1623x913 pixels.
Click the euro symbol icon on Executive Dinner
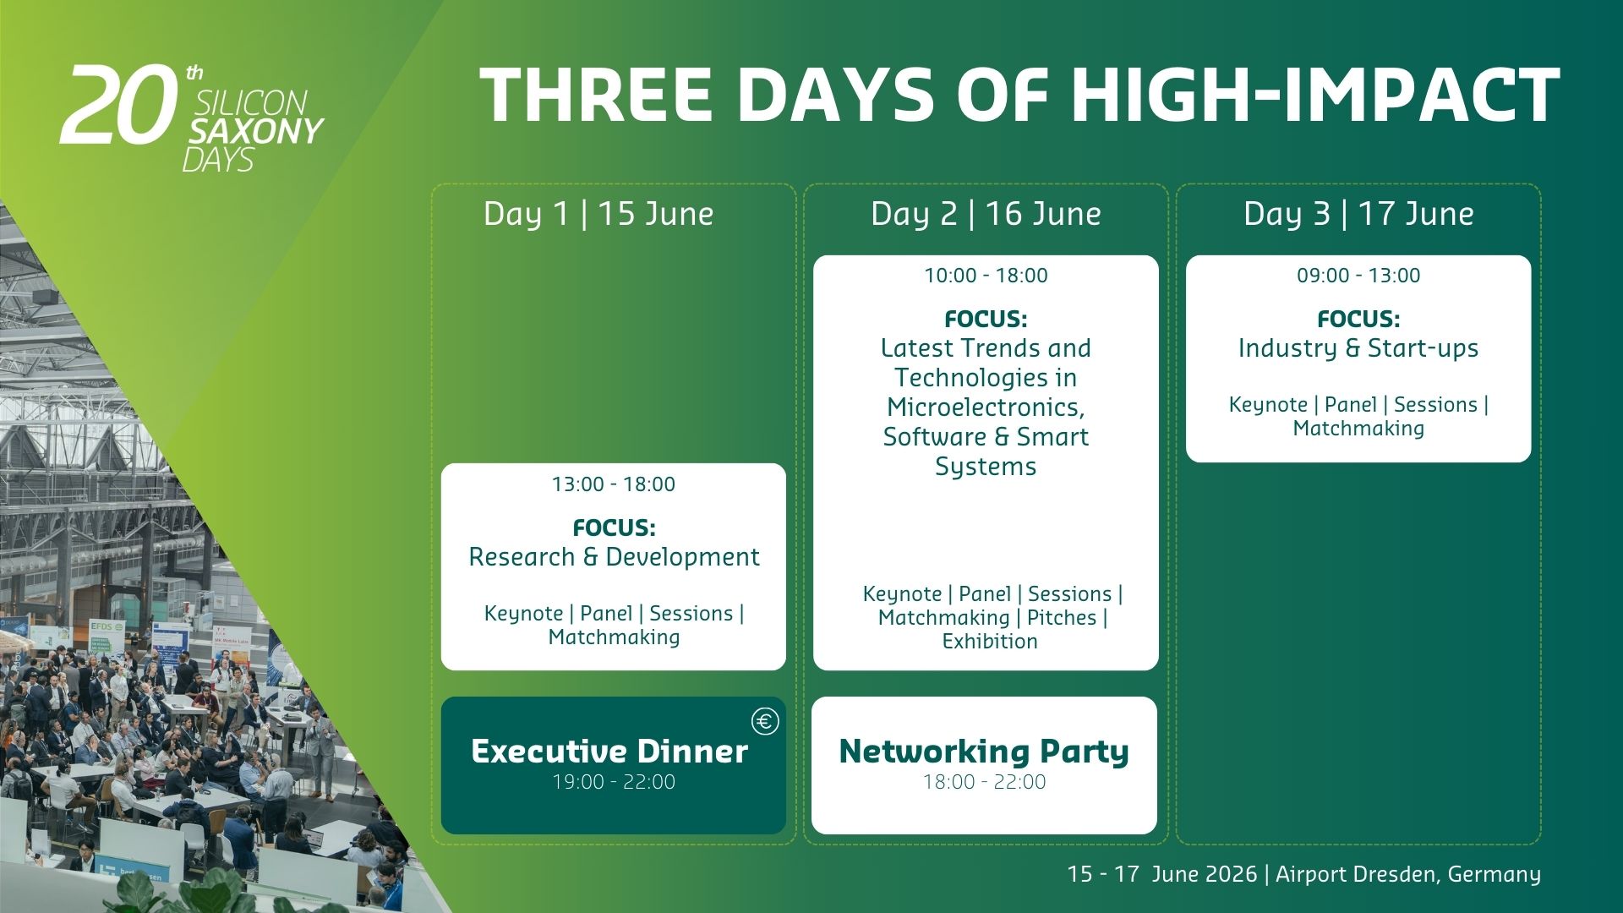(x=765, y=721)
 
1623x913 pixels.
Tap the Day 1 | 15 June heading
(x=598, y=214)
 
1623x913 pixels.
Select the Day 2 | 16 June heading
(x=986, y=214)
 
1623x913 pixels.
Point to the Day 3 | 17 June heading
(x=1358, y=214)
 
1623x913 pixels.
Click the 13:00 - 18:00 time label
(x=614, y=484)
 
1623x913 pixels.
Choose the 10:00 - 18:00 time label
(x=986, y=276)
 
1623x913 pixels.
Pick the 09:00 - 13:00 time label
(x=1358, y=276)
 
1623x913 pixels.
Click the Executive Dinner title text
(x=609, y=752)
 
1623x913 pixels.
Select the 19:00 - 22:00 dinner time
(x=614, y=782)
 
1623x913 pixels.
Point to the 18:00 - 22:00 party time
(x=984, y=782)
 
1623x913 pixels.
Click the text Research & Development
(x=614, y=557)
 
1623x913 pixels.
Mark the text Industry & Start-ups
(x=1358, y=348)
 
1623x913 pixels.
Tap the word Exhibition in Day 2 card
(x=990, y=642)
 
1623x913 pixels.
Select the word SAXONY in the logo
(x=257, y=131)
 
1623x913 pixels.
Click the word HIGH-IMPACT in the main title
(x=1315, y=95)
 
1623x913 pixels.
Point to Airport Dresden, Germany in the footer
(x=1408, y=874)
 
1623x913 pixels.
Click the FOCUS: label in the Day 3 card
(x=1358, y=320)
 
